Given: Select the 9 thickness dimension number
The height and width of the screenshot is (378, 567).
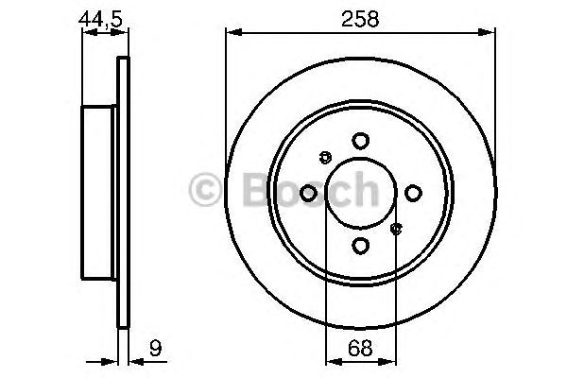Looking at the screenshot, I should (151, 348).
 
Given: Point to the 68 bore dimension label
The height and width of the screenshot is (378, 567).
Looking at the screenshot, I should (360, 348).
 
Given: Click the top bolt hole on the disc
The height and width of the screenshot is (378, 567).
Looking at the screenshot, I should (360, 140).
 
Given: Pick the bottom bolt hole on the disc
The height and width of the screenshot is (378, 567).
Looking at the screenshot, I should (360, 246).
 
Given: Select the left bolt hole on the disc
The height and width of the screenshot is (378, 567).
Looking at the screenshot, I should (307, 193).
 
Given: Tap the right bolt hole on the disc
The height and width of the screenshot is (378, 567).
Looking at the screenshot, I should (413, 193).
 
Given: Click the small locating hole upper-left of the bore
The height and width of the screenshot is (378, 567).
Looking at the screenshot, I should (324, 157).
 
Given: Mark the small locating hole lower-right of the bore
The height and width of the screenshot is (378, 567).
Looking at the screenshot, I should (397, 228).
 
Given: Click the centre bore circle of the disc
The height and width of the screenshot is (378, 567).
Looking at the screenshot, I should (360, 193).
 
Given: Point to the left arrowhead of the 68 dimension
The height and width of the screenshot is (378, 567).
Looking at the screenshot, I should (331, 360).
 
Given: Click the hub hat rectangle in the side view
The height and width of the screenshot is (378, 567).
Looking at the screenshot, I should (99, 193).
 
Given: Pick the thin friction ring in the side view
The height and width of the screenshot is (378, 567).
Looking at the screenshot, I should (121, 193).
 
